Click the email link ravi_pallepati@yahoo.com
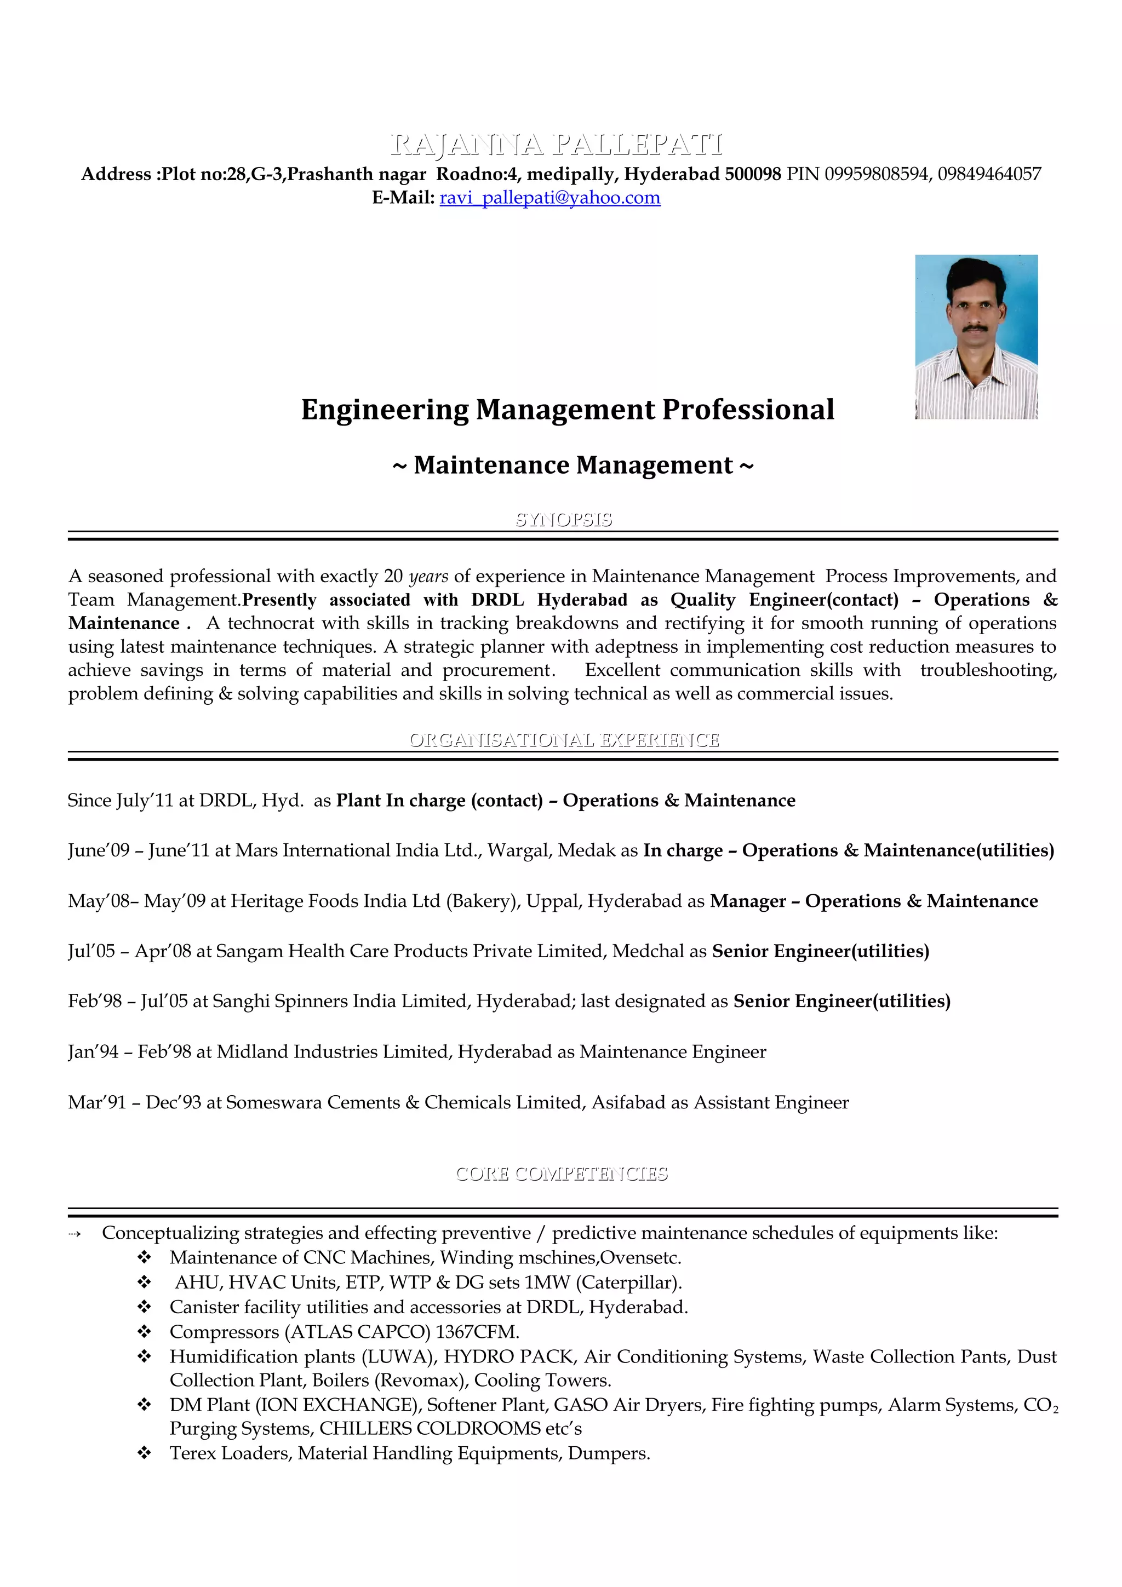point(549,198)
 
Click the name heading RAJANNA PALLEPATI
point(557,145)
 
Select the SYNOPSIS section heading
point(563,519)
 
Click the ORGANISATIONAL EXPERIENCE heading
point(563,740)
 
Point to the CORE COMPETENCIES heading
point(562,1174)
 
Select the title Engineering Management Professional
point(567,409)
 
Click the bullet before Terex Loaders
point(144,1453)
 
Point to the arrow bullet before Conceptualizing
point(75,1234)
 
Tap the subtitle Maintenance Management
point(573,465)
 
